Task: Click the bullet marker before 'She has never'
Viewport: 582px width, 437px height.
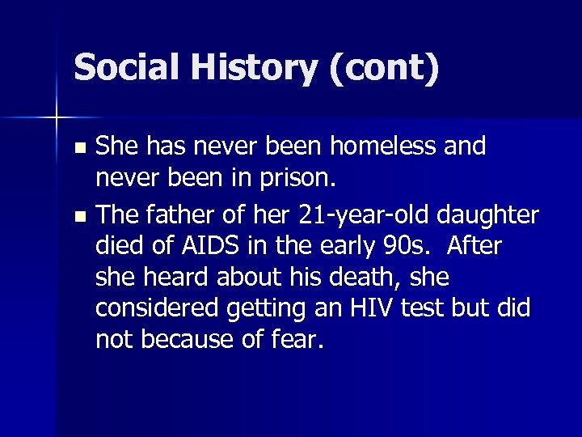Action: pyautogui.click(x=78, y=149)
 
